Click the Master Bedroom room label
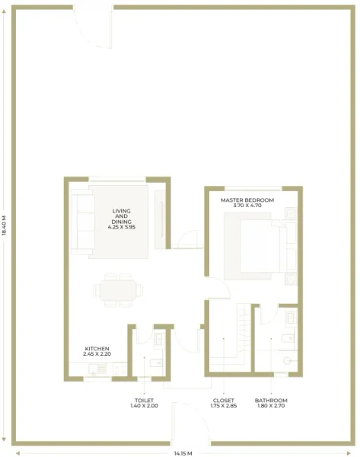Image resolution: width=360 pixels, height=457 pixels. click(x=247, y=200)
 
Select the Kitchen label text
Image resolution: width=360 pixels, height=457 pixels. click(x=97, y=348)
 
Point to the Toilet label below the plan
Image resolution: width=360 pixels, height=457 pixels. click(x=143, y=399)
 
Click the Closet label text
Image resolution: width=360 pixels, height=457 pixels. click(x=224, y=399)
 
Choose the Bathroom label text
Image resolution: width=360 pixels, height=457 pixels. click(x=271, y=399)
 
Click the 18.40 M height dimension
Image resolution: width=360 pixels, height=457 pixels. click(x=5, y=225)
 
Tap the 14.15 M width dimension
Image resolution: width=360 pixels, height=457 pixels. click(x=183, y=453)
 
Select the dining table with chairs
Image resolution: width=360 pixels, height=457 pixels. click(x=118, y=290)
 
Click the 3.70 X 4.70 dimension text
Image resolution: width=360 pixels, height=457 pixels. click(x=247, y=206)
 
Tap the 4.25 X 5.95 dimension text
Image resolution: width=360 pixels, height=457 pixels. click(x=122, y=227)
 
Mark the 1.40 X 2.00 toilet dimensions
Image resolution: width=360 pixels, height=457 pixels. click(x=143, y=405)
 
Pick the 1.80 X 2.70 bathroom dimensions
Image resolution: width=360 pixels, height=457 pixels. click(x=271, y=405)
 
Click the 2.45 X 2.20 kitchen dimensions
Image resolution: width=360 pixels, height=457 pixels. click(x=97, y=354)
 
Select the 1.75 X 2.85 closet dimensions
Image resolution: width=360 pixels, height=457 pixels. click(x=224, y=405)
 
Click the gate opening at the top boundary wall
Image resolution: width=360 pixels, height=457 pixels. click(x=90, y=27)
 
